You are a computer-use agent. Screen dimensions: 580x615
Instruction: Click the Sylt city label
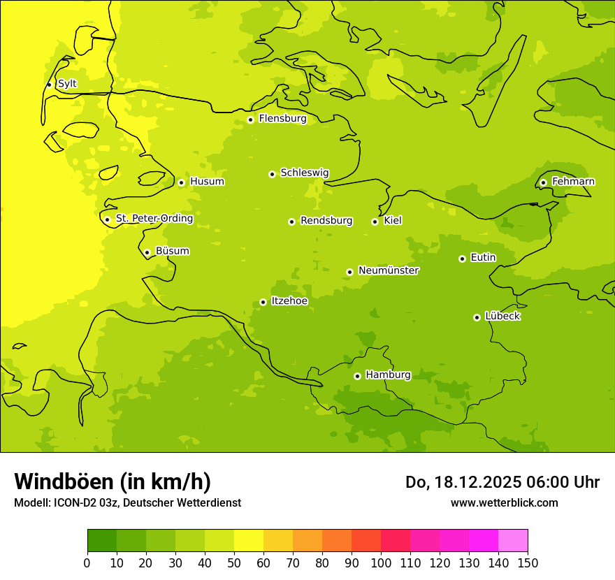[67, 84]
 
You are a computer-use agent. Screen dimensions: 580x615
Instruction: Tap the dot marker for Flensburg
[250, 119]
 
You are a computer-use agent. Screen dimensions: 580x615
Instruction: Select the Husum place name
[207, 182]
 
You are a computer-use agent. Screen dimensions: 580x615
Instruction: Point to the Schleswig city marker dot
[272, 174]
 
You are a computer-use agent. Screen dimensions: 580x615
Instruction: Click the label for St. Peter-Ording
[154, 219]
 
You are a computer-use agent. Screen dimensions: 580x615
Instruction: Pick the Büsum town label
[172, 251]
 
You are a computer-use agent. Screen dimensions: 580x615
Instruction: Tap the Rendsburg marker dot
[291, 222]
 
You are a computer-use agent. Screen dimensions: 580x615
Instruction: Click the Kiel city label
[393, 221]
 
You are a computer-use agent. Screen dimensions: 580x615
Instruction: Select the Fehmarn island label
[573, 182]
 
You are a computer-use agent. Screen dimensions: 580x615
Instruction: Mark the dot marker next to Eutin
[462, 259]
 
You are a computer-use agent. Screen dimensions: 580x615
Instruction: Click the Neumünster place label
[389, 270]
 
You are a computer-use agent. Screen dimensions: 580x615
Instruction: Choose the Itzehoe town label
[289, 301]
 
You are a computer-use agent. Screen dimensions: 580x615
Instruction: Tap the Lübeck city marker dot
[477, 317]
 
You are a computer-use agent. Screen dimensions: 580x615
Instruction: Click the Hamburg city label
[388, 375]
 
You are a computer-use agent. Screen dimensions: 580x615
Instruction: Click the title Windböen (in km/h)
[113, 481]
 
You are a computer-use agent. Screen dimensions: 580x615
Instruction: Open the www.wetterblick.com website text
[504, 503]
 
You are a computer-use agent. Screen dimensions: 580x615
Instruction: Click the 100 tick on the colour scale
[381, 563]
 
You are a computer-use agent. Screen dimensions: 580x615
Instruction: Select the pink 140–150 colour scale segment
[513, 540]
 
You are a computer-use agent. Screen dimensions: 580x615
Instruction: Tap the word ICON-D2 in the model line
[73, 503]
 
